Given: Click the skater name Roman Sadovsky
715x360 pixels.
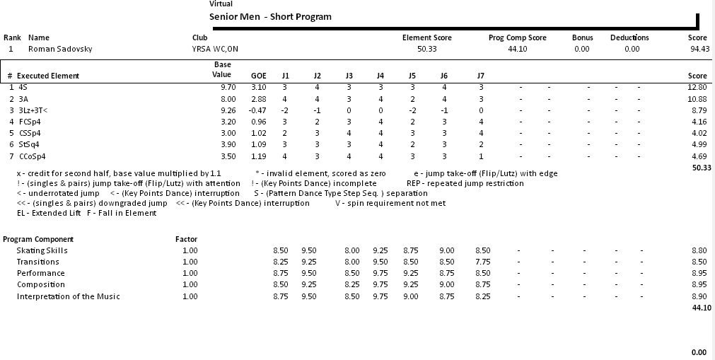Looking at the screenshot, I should [60, 50].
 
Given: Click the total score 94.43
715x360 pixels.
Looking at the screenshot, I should [699, 50].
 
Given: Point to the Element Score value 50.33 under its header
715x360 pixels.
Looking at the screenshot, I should [426, 50].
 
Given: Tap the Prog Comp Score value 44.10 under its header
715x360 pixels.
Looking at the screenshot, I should [517, 50].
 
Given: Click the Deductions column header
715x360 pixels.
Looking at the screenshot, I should [629, 37].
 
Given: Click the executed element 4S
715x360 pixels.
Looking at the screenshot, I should [23, 87].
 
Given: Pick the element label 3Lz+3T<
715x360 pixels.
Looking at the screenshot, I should [33, 110].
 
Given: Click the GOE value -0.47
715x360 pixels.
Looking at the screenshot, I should [258, 110].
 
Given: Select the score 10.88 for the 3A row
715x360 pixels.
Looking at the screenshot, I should [697, 99].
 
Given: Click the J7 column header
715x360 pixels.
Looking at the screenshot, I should [481, 76].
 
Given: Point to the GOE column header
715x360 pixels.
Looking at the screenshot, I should [259, 76].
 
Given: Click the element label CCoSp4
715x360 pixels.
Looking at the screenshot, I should [32, 156].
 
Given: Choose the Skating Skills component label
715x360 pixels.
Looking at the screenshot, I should [42, 250].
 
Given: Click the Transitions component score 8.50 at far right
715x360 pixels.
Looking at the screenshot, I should [699, 262].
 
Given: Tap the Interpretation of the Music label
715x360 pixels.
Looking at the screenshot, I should [68, 296].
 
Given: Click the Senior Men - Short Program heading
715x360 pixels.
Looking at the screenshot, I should [270, 17].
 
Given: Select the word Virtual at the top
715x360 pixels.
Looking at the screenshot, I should [221, 4].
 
